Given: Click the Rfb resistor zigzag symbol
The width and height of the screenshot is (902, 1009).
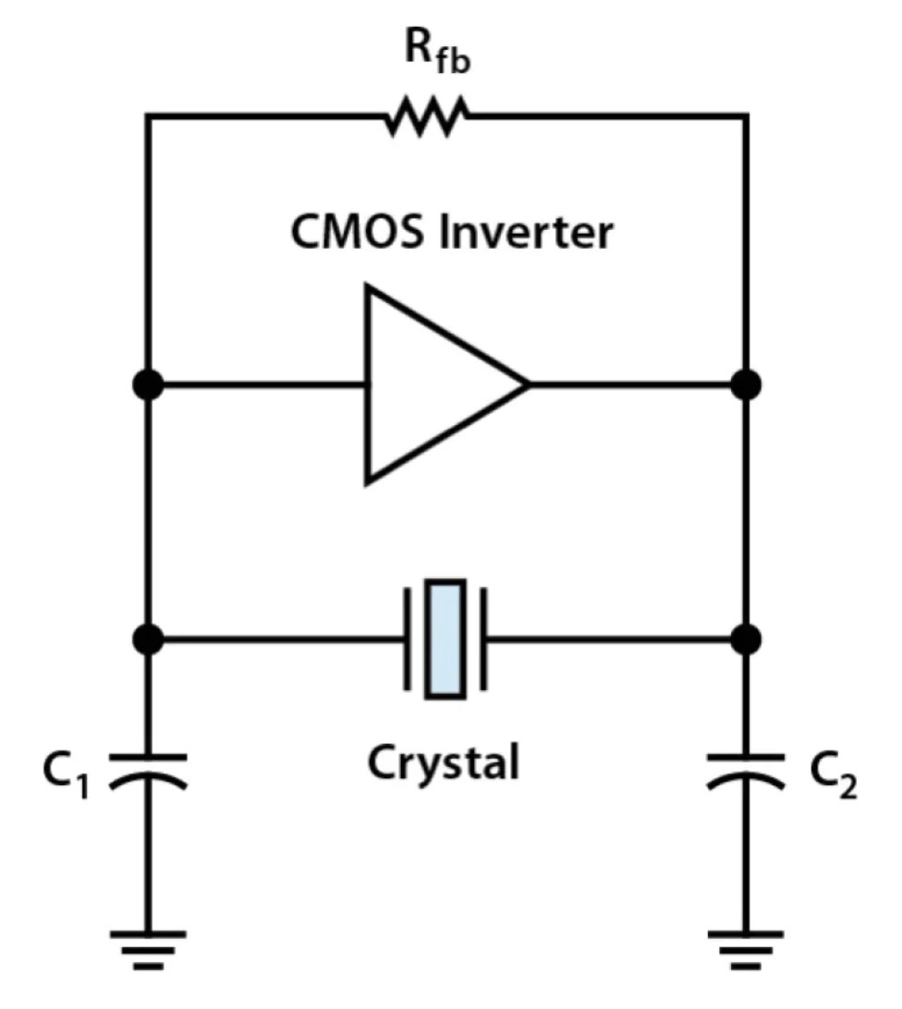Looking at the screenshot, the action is [427, 116].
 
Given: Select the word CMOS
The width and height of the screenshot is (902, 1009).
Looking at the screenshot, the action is [358, 232].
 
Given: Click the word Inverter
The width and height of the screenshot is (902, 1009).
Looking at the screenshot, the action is [525, 232].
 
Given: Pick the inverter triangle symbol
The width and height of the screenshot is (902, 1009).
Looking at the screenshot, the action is [446, 384].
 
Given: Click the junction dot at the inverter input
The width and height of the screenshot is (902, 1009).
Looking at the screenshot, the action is [148, 384].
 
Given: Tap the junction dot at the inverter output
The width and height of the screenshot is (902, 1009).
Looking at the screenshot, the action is [746, 384].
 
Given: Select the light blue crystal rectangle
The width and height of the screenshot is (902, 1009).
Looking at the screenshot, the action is [445, 639].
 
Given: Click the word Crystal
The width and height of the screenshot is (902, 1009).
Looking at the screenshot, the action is [443, 763].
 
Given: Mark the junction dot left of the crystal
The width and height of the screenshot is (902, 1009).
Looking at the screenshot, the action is [148, 639].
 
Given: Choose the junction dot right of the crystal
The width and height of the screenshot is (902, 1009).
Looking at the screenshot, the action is [746, 639].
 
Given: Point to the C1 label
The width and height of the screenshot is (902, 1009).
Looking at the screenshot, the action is [66, 774].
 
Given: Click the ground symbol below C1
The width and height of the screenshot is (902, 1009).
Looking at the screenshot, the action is [148, 949].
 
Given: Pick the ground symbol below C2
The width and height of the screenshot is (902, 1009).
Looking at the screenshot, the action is [746, 949].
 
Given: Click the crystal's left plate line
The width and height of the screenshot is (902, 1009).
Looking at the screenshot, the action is [408, 639].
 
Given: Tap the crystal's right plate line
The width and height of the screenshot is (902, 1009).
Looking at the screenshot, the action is [483, 639].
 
